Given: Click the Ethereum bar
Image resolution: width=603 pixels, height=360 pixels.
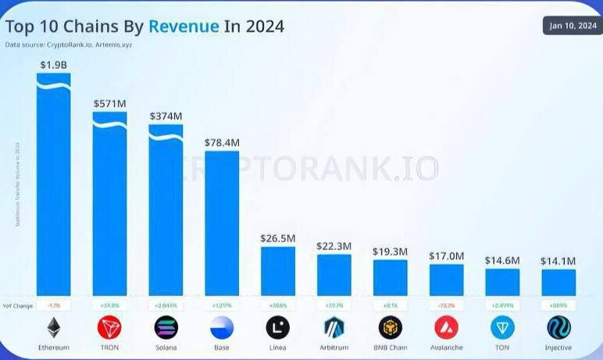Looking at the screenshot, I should click(54, 187).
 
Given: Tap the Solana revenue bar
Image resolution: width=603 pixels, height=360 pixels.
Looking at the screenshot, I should click(166, 211).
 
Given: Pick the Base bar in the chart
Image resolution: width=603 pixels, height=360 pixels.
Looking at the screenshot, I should click(222, 223).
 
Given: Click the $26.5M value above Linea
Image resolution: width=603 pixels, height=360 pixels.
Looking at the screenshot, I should click(278, 237).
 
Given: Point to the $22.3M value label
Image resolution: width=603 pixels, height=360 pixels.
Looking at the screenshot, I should click(334, 246).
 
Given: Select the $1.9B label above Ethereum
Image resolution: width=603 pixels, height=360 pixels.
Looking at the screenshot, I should click(54, 64).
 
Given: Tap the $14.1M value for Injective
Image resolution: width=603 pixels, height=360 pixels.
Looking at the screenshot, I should click(558, 261).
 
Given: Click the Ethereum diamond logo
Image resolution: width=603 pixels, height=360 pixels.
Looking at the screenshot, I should click(54, 326).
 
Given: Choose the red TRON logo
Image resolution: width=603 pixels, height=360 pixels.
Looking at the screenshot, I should click(109, 326).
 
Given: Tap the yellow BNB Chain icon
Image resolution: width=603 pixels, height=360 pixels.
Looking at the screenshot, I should click(391, 326).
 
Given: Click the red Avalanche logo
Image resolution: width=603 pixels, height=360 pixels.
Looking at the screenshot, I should click(447, 326).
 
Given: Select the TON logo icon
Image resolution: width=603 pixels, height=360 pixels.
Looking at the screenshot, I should click(502, 326).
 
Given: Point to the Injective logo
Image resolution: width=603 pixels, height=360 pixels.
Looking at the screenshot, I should click(558, 326).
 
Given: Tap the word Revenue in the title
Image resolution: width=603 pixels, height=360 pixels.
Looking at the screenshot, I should click(184, 26).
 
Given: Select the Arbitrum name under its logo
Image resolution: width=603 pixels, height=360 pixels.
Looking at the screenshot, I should click(334, 348).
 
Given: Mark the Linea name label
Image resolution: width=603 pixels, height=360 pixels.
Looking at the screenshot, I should click(278, 348).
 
